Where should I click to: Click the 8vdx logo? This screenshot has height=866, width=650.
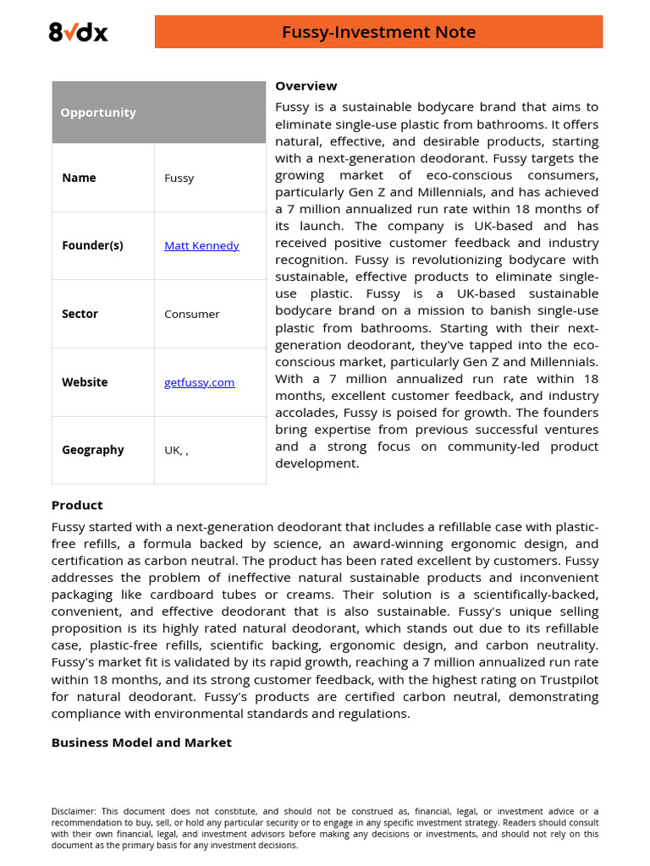click(x=78, y=32)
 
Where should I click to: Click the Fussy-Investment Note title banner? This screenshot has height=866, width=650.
click(x=378, y=32)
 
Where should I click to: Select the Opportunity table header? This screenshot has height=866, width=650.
click(x=98, y=112)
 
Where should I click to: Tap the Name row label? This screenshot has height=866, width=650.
click(x=79, y=178)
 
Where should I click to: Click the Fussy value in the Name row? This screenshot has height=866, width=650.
click(x=179, y=178)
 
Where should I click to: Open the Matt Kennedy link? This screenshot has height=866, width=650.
click(x=201, y=245)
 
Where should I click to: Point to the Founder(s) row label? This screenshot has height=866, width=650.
click(x=92, y=245)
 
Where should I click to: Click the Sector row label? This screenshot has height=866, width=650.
click(x=80, y=314)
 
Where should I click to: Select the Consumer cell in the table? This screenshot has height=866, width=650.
click(x=191, y=314)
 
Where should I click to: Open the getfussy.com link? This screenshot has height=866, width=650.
click(x=199, y=382)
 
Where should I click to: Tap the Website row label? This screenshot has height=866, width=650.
click(x=85, y=382)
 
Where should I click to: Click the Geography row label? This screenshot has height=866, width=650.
click(x=92, y=450)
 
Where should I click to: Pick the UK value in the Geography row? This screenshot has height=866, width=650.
click(x=173, y=450)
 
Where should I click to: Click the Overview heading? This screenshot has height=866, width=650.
click(x=306, y=85)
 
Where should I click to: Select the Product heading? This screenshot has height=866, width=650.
click(x=77, y=505)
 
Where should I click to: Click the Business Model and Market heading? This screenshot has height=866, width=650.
click(x=141, y=742)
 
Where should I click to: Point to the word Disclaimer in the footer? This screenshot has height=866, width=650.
click(x=73, y=811)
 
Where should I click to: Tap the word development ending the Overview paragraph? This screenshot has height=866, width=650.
click(x=317, y=463)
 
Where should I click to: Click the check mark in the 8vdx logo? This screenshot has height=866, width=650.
click(x=71, y=31)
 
